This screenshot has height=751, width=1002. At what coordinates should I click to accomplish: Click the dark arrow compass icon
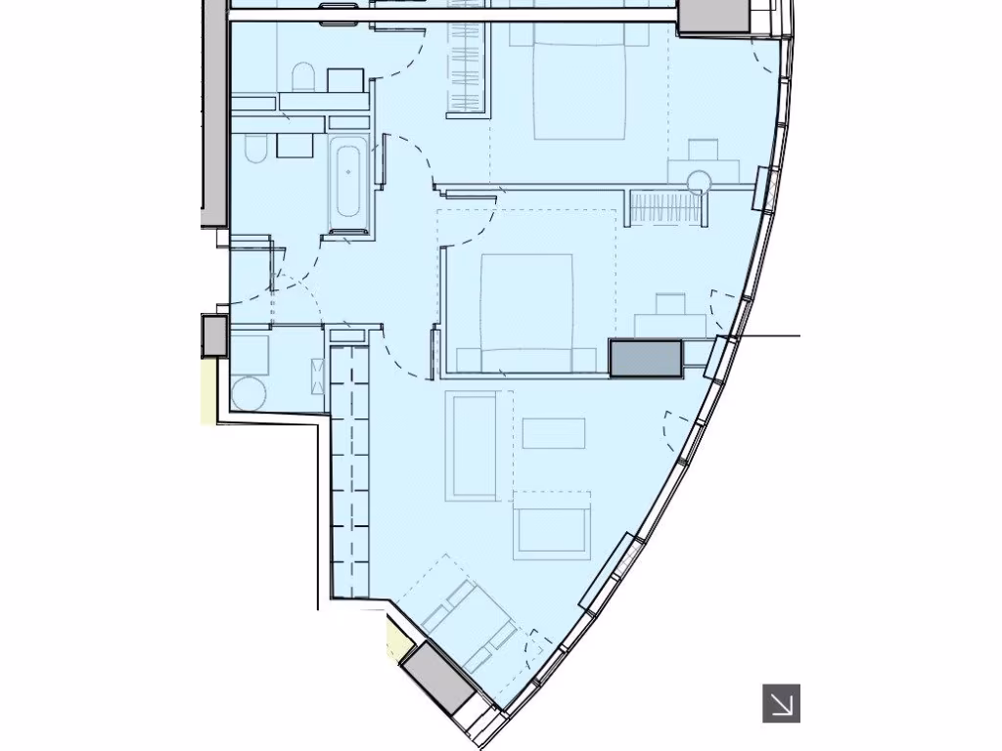click(x=781, y=703)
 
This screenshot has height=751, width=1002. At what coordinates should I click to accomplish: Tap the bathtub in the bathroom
click(x=347, y=182)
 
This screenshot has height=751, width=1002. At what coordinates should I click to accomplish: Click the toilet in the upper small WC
click(x=303, y=77)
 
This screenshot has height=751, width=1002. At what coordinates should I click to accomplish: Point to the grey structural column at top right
click(x=714, y=16)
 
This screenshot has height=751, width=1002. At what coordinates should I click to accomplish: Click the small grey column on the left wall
click(x=214, y=334)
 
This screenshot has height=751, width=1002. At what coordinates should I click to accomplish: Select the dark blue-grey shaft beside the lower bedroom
click(x=645, y=358)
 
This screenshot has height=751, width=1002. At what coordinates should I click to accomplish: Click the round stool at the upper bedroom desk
click(x=700, y=181)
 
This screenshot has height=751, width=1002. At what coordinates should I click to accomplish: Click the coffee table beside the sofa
click(x=554, y=432)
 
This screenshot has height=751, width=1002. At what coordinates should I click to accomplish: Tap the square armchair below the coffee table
click(x=553, y=526)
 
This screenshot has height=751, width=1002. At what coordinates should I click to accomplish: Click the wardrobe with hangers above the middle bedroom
click(x=664, y=208)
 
